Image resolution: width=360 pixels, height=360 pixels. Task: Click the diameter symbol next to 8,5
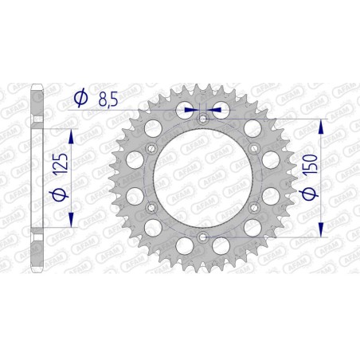pos(80,98)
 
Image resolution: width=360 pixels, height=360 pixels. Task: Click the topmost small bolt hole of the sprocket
pos(202,119)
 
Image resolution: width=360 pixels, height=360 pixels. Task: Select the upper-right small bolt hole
pos(253,148)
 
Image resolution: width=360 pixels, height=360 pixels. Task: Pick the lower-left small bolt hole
pos(151,208)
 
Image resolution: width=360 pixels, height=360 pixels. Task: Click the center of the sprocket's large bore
pos(202,178)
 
